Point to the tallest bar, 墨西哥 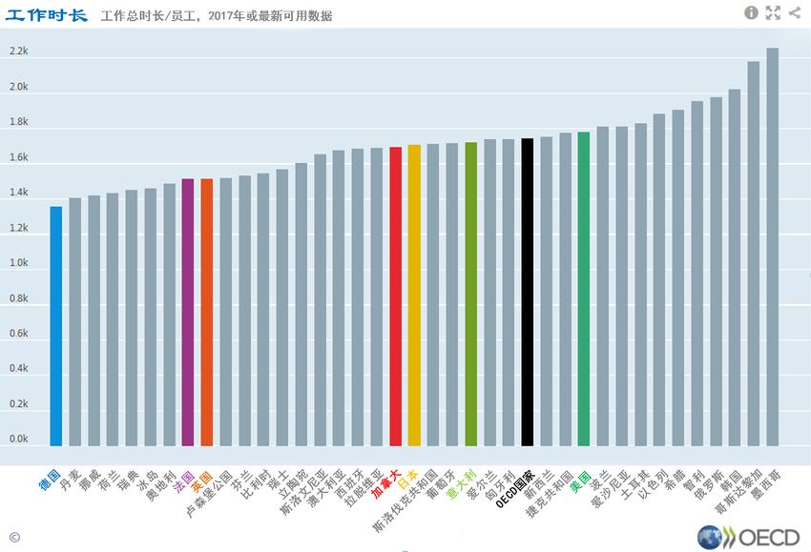coord(772,247)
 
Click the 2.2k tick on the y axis coord(19,52)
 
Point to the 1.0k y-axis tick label coord(19,263)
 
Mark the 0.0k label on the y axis coord(19,440)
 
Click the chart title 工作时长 coord(46,14)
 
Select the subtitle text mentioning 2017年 coord(217,16)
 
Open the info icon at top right coord(751,12)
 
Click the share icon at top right coord(795,12)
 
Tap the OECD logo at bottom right coord(748,537)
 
